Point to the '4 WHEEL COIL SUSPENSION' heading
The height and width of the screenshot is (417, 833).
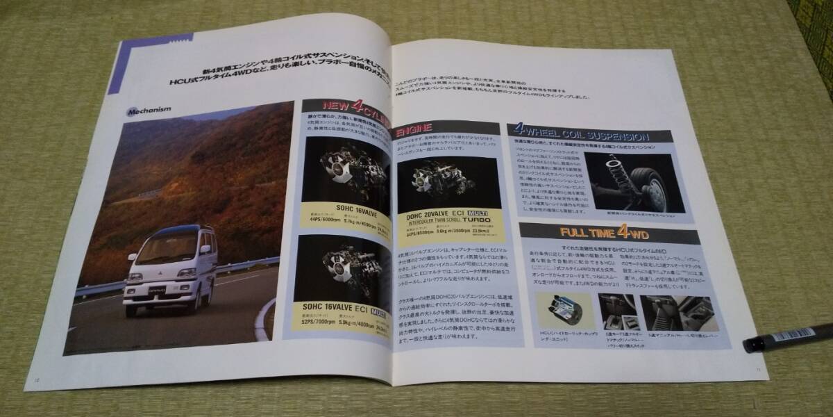point(580,135)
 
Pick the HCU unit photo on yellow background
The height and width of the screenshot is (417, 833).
point(563,312)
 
